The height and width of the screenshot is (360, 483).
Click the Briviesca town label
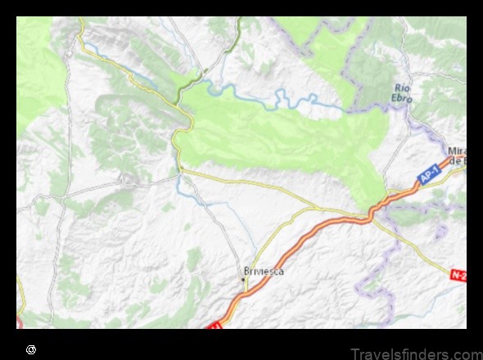(264, 272)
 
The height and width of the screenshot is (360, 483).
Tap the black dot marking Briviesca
(243, 281)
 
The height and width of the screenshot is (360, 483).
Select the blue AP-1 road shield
(428, 176)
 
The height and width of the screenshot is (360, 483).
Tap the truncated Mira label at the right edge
(457, 151)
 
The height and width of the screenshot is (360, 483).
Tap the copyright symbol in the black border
(30, 349)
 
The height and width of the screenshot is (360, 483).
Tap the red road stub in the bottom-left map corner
(19, 322)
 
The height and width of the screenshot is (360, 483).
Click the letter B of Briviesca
(246, 272)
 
